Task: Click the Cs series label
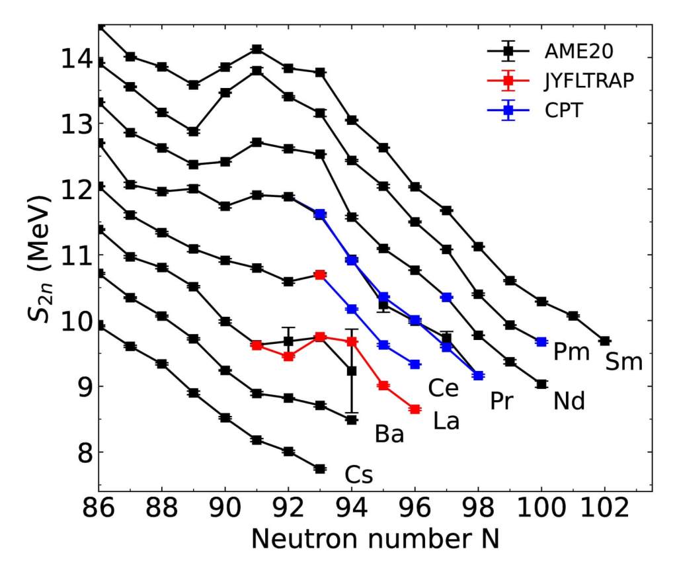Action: tap(359, 474)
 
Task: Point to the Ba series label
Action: tap(389, 435)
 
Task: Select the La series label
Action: tap(446, 421)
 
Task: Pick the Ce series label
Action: tap(443, 389)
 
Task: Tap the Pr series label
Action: tap(502, 401)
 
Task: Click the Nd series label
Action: tap(569, 401)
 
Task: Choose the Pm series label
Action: tap(571, 352)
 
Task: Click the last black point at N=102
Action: tap(604, 341)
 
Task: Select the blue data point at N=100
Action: tap(541, 342)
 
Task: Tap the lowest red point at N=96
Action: tap(415, 409)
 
